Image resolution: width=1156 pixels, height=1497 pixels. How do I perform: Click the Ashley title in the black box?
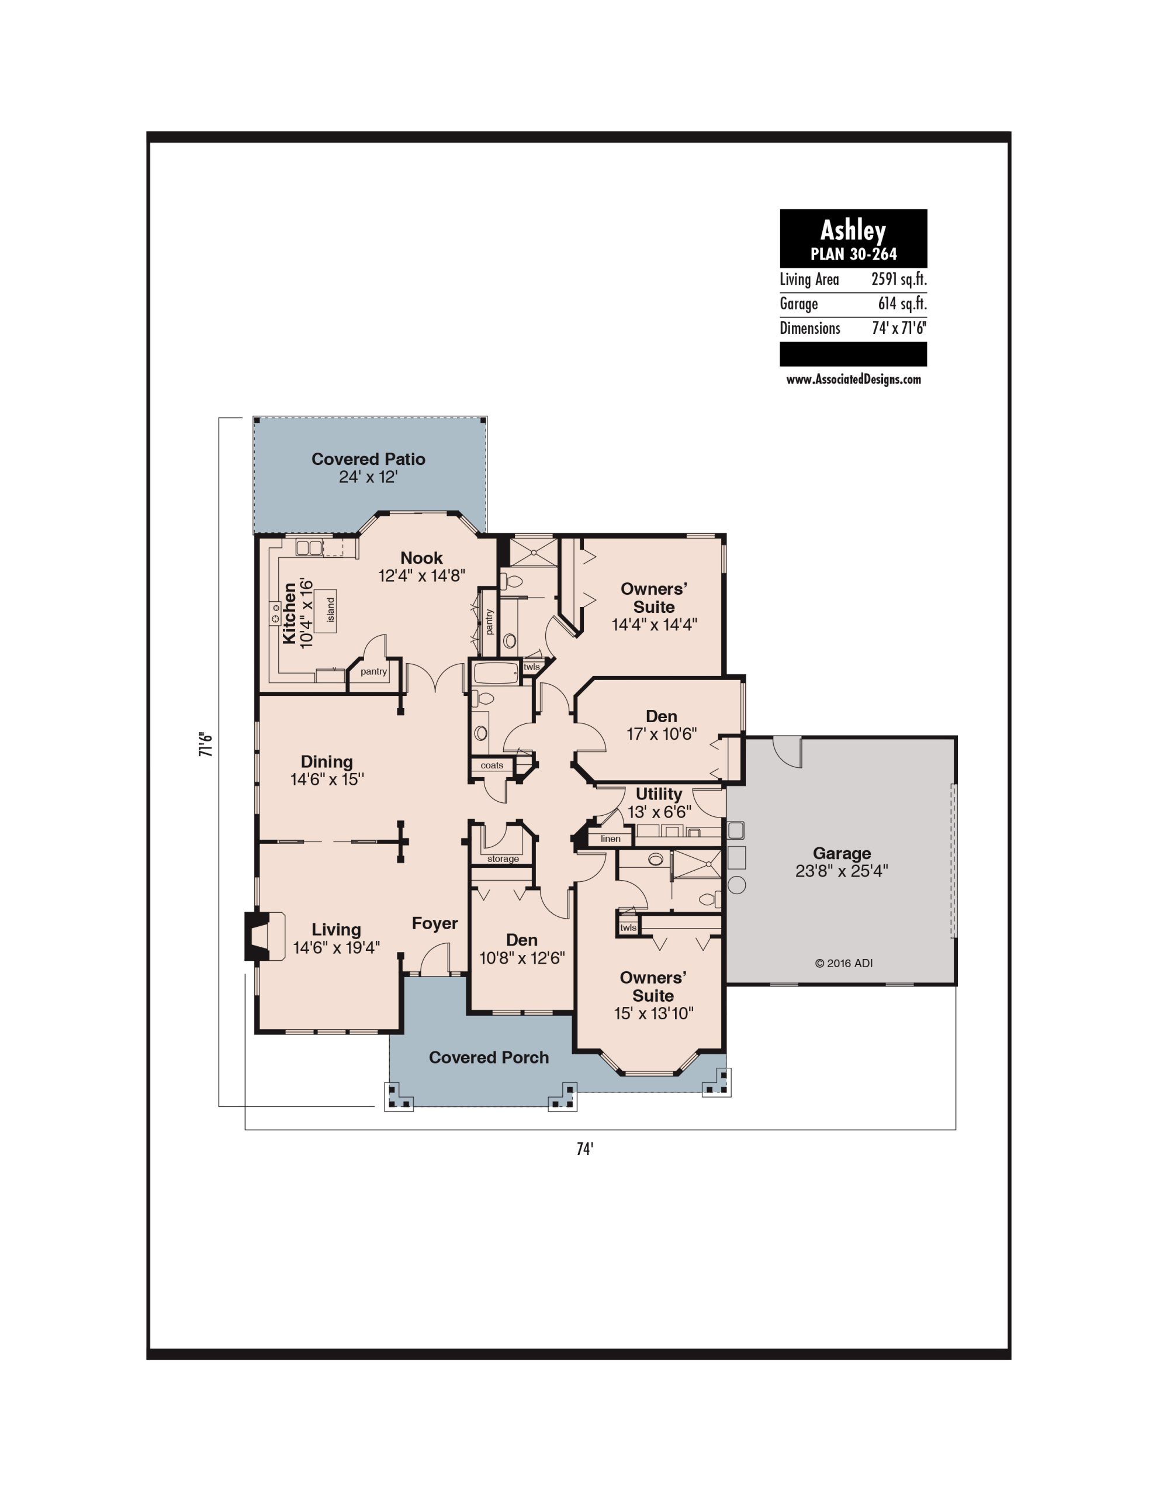(853, 231)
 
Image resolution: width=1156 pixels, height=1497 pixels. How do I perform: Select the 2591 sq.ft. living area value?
(899, 280)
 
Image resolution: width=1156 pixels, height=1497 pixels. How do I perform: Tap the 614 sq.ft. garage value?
(902, 303)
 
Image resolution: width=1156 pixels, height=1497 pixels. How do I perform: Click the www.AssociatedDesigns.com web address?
(853, 380)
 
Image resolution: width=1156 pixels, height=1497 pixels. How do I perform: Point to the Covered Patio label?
(368, 459)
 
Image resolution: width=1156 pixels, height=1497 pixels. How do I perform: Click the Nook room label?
(421, 558)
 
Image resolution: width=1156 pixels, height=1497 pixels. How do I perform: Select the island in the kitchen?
(326, 610)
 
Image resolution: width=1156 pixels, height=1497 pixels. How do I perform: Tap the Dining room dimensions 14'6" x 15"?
(327, 779)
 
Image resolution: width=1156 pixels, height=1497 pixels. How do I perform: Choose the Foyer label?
(434, 923)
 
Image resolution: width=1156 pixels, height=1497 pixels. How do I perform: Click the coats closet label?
(492, 765)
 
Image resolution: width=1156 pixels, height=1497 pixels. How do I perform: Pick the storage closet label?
(503, 859)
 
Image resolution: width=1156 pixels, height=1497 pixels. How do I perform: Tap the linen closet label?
(611, 839)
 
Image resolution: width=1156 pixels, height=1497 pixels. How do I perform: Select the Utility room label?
(659, 794)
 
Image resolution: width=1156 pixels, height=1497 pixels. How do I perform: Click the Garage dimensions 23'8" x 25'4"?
(842, 871)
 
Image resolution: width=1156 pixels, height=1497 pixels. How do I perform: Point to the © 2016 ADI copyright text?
(843, 963)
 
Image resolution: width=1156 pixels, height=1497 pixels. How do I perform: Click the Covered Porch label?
(489, 1058)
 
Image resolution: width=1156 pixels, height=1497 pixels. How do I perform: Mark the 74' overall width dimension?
(584, 1150)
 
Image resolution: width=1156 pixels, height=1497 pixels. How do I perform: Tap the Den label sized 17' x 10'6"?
(661, 716)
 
